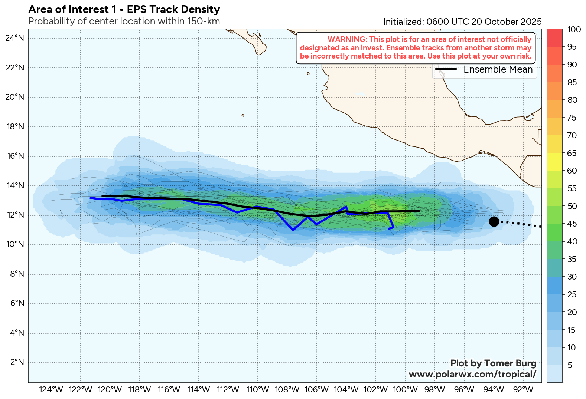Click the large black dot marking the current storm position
point(494,221)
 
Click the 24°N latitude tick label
point(15,38)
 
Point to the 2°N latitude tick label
point(17,362)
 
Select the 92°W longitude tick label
point(523,390)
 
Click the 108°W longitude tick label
point(287,390)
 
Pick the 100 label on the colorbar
point(574,29)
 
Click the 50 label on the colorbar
point(572,206)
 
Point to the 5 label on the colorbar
point(570,365)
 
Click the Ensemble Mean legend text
point(498,69)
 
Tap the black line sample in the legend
point(446,69)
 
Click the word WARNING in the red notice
point(346,39)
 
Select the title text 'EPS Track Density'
point(173,9)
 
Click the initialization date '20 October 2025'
point(507,22)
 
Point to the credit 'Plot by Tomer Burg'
point(493,363)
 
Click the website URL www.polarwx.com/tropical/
point(472,374)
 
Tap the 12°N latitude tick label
point(15,215)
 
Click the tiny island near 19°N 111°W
point(243,115)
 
